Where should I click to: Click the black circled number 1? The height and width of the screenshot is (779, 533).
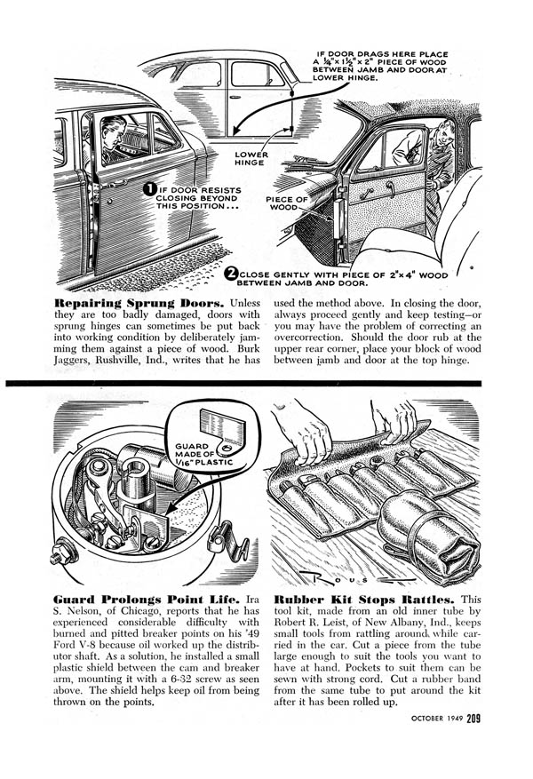pos(150,189)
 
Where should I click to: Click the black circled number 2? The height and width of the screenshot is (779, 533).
pos(231,274)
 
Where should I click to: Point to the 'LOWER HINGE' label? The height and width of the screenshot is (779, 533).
pos(251,158)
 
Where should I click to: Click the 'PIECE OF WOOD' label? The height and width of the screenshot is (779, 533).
pos(287,203)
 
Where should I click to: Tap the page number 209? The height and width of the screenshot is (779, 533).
pos(473,718)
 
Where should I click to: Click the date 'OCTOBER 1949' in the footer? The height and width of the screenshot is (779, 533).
pos(437,719)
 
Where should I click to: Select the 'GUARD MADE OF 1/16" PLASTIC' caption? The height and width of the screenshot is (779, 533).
pos(203,454)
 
